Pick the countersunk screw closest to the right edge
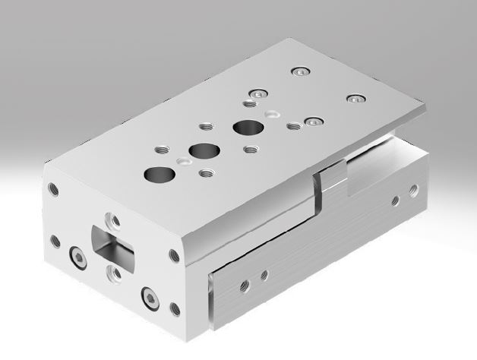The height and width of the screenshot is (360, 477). tap(353, 99)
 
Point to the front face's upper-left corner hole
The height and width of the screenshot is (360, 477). tap(52, 188)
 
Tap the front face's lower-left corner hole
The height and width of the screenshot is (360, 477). tap(55, 242)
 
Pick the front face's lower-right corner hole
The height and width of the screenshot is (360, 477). tap(174, 308)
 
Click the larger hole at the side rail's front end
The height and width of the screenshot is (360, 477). tap(244, 286)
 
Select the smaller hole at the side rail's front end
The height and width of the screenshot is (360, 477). tap(264, 275)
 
